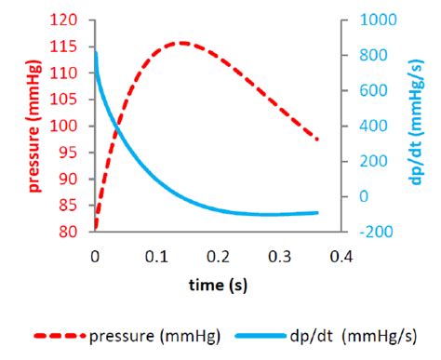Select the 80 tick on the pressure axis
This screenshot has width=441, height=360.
[x=74, y=233]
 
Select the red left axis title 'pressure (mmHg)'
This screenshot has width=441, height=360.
[x=34, y=126]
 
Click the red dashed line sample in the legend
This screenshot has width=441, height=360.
[x=60, y=336]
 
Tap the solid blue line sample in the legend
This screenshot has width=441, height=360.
[x=260, y=336]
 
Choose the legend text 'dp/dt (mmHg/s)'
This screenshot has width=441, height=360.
[x=354, y=336]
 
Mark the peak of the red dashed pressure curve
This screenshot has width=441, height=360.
[x=182, y=42]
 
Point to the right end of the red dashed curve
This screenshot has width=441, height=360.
[x=318, y=140]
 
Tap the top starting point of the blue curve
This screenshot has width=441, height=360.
[x=95, y=54]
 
